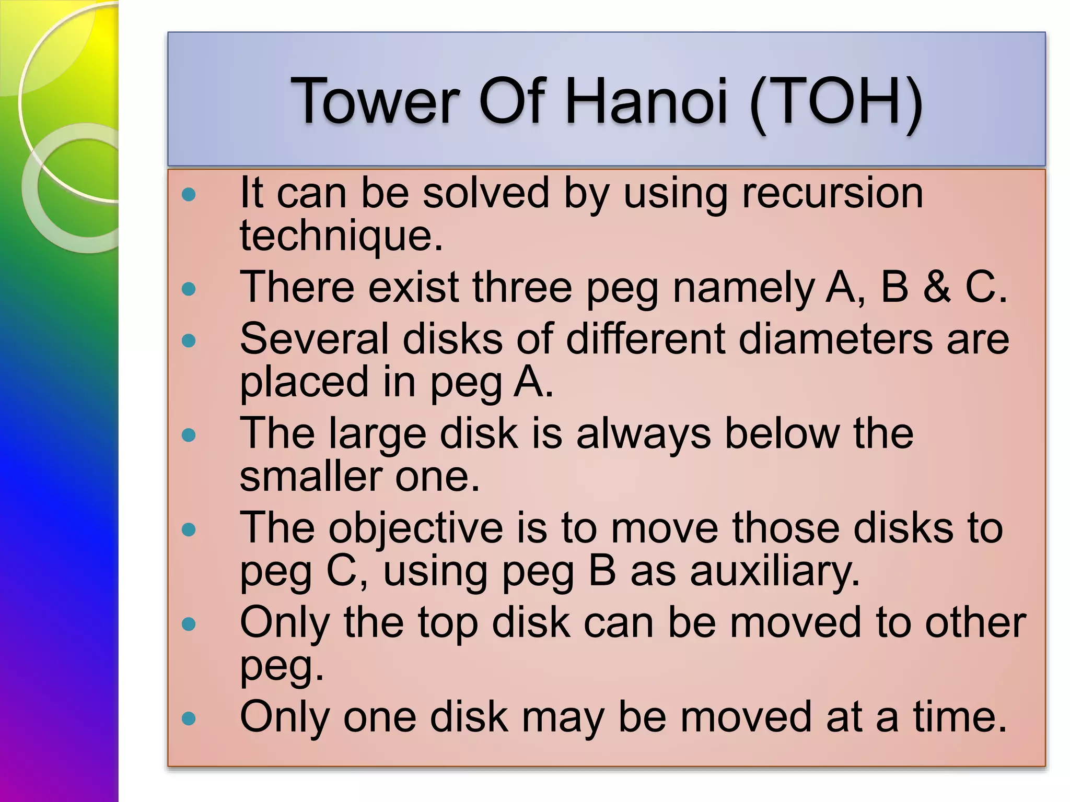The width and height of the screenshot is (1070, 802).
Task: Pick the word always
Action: click(x=644, y=434)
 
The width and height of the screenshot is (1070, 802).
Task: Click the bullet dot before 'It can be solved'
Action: click(x=189, y=195)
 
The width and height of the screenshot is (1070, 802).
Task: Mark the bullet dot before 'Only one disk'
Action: click(x=189, y=719)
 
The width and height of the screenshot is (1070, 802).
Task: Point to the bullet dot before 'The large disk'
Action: click(x=189, y=435)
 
